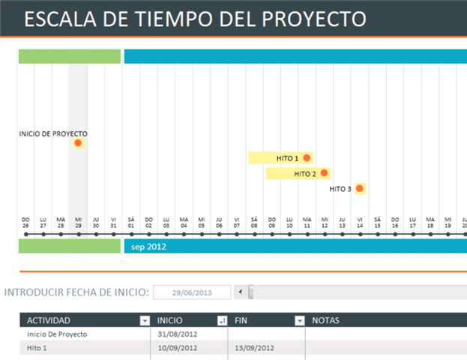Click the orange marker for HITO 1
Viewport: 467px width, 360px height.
pyautogui.click(x=307, y=158)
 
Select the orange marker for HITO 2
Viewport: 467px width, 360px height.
pyautogui.click(x=325, y=173)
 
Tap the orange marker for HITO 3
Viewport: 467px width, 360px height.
pyautogui.click(x=360, y=188)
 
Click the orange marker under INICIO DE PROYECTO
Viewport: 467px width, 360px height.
pyautogui.click(x=78, y=143)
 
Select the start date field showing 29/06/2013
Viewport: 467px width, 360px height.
pyautogui.click(x=191, y=292)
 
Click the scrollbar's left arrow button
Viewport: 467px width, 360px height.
pyautogui.click(x=239, y=292)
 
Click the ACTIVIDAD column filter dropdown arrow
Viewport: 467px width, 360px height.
pyautogui.click(x=145, y=321)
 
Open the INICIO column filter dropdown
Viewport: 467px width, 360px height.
pyautogui.click(x=221, y=321)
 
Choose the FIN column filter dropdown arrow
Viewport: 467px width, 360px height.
pyautogui.click(x=299, y=321)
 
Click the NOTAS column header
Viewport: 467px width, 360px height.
pyautogui.click(x=325, y=321)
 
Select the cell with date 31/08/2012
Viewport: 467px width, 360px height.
pyautogui.click(x=178, y=334)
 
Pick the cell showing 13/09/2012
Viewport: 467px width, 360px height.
pyautogui.click(x=254, y=348)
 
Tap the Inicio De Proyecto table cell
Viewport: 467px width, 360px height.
pyautogui.click(x=57, y=334)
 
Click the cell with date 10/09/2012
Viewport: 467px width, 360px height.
pyautogui.click(x=178, y=348)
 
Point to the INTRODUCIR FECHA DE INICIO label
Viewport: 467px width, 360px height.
pyautogui.click(x=76, y=292)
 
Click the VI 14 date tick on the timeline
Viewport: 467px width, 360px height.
pyautogui.click(x=360, y=235)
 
